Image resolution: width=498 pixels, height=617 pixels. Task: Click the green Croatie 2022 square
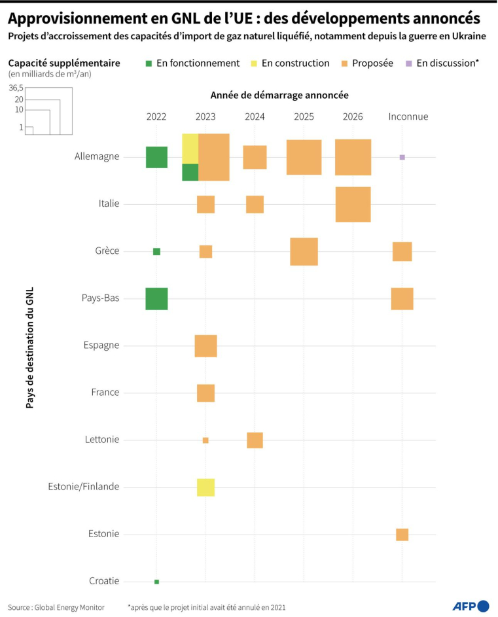(x=156, y=582)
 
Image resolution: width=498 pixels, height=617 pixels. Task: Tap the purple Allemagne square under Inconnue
(x=402, y=157)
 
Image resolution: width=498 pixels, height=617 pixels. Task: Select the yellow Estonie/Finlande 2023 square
(x=205, y=487)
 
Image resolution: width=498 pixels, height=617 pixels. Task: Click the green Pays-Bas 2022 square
(x=156, y=299)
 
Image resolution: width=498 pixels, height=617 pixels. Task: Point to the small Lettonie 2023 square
(x=205, y=440)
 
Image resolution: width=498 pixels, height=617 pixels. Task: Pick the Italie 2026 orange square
(x=353, y=204)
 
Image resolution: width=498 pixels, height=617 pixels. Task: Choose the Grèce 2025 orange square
(x=304, y=252)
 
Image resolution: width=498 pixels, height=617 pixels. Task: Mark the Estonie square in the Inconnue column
(x=402, y=535)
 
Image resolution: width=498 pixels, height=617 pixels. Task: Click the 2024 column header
(x=255, y=116)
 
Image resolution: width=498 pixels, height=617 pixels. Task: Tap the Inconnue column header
(x=408, y=116)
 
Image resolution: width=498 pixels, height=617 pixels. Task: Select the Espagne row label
(x=101, y=345)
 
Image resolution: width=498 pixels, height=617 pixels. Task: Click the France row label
(x=105, y=393)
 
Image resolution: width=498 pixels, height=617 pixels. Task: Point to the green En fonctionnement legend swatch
(x=149, y=63)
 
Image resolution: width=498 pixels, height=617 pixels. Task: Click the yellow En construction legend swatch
(x=253, y=63)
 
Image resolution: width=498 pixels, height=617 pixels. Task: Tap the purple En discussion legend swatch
(x=409, y=63)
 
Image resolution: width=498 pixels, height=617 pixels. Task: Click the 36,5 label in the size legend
(x=16, y=88)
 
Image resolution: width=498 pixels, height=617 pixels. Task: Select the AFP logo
(x=471, y=607)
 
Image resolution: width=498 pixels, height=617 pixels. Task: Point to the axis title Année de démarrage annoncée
(x=279, y=96)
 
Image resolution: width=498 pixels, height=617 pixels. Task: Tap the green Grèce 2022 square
(x=156, y=252)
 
